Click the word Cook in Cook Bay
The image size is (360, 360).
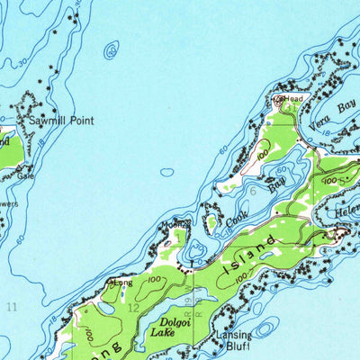point(237,217)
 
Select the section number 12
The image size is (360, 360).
point(133,308)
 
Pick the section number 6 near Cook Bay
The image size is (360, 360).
point(254,191)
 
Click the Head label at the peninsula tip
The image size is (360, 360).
point(293,98)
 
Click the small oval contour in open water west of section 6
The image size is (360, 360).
point(167,172)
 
